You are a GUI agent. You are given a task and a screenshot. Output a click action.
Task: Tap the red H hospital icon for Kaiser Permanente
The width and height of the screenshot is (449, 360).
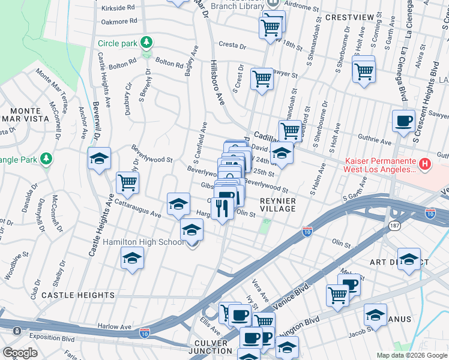coord(425,163)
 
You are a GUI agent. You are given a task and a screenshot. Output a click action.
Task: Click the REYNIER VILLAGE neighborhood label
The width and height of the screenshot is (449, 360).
coord(278,204)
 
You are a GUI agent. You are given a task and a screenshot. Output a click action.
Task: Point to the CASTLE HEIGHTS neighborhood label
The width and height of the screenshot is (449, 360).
coord(78,295)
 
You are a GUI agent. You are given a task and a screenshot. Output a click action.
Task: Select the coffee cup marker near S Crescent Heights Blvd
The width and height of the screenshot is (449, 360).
coord(403,121)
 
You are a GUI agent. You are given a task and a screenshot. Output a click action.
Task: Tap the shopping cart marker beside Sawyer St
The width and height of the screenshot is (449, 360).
coord(262,78)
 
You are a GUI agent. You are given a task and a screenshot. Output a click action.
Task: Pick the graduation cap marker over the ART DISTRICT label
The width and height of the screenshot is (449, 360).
coord(409,259)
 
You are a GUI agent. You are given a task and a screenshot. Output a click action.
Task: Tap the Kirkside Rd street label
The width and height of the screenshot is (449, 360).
coord(118,8)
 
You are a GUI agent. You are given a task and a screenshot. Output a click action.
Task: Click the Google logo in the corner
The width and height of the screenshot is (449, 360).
coord(20,353)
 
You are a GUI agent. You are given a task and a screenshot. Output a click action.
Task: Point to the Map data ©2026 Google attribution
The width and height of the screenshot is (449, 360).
coord(412,355)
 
